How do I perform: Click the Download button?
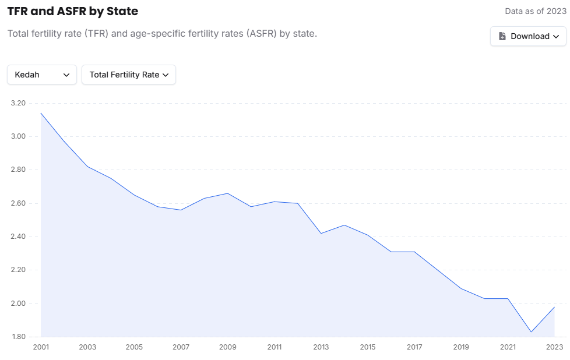pyautogui.click(x=528, y=36)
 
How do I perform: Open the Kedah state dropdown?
pyautogui.click(x=42, y=75)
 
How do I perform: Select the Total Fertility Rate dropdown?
pyautogui.click(x=129, y=75)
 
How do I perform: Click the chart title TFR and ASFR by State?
pyautogui.click(x=73, y=11)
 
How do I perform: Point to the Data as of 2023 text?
pyautogui.click(x=536, y=11)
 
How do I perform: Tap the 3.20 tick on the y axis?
pyautogui.click(x=19, y=103)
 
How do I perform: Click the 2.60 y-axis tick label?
pyautogui.click(x=19, y=203)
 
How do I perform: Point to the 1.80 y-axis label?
pyautogui.click(x=19, y=337)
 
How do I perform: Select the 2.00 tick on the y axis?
pyautogui.click(x=19, y=303)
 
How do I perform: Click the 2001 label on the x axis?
pyautogui.click(x=41, y=347)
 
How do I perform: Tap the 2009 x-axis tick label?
pyautogui.click(x=227, y=347)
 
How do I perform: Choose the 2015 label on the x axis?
pyautogui.click(x=368, y=347)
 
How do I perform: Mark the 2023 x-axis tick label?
pyautogui.click(x=554, y=347)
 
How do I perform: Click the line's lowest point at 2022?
pyautogui.click(x=531, y=332)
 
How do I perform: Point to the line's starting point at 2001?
pyautogui.click(x=41, y=113)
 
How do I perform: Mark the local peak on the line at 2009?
pyautogui.click(x=227, y=193)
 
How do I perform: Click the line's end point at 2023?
pyautogui.click(x=554, y=307)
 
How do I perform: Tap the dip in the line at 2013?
pyautogui.click(x=321, y=233)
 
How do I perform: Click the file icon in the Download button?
pyautogui.click(x=502, y=36)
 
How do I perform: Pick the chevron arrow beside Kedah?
pyautogui.click(x=66, y=75)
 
